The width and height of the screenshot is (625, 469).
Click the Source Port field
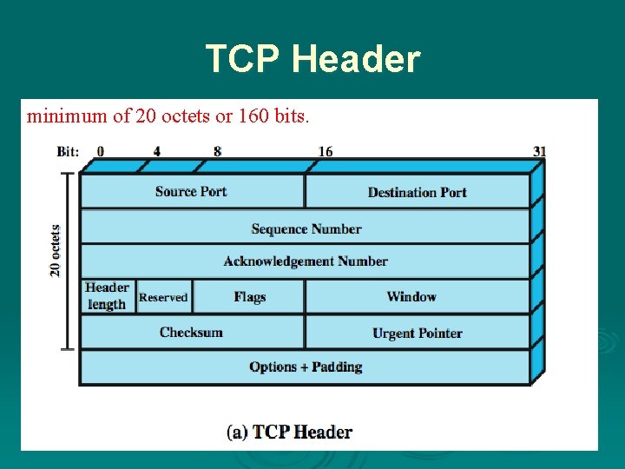click(191, 191)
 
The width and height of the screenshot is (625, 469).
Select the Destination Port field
click(417, 192)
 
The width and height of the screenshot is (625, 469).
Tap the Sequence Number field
click(306, 228)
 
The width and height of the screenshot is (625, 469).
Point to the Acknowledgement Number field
click(306, 261)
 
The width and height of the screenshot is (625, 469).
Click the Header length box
click(108, 296)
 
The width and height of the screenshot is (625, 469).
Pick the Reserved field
click(163, 297)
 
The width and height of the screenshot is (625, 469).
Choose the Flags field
click(249, 296)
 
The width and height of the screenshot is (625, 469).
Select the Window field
click(411, 296)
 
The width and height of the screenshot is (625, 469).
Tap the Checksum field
click(191, 332)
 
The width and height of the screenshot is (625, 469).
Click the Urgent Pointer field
click(417, 333)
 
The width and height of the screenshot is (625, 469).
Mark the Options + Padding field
click(306, 367)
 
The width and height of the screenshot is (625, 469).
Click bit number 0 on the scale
click(101, 151)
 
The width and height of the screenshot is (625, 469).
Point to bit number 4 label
click(157, 151)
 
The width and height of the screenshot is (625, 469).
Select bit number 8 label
click(217, 151)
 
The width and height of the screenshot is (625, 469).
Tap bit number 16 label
click(325, 151)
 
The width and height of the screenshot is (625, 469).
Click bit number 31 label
click(539, 151)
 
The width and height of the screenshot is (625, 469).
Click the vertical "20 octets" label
click(56, 250)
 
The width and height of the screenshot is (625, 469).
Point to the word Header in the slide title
click(356, 59)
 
